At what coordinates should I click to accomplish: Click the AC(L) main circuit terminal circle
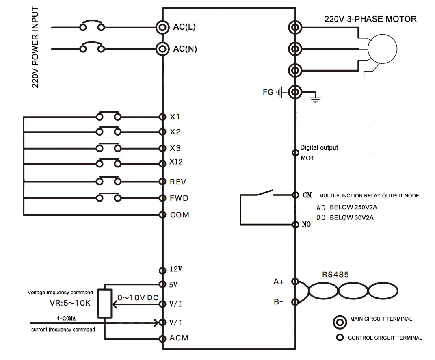click(x=162, y=27)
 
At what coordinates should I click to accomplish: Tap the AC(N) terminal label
click(x=185, y=49)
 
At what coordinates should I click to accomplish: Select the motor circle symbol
click(x=382, y=49)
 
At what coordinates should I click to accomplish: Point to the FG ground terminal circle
click(x=295, y=92)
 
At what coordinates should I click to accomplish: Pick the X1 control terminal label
click(x=175, y=117)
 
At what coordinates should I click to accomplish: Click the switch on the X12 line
click(x=109, y=163)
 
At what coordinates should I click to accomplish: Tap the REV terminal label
click(x=178, y=182)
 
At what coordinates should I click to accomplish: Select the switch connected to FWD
click(x=109, y=197)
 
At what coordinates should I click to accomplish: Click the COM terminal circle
click(x=162, y=215)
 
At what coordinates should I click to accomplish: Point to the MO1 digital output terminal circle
click(x=295, y=152)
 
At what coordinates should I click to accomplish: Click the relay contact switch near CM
click(x=265, y=193)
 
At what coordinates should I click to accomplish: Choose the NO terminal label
click(x=306, y=224)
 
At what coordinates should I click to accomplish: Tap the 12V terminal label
click(x=176, y=269)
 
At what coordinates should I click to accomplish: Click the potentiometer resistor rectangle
click(x=105, y=303)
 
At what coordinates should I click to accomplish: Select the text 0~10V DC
click(x=138, y=298)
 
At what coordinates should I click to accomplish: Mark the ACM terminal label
click(x=179, y=338)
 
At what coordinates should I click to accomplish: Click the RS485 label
click(x=335, y=275)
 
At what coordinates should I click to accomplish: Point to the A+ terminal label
click(x=279, y=282)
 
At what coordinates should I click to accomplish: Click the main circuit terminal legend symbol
click(x=340, y=322)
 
